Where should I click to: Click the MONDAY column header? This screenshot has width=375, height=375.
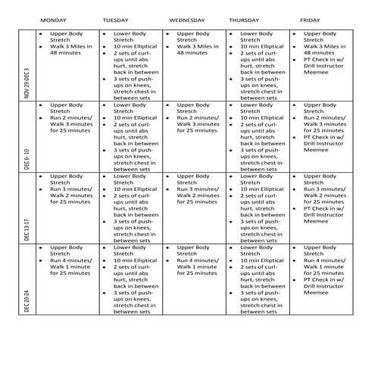53,17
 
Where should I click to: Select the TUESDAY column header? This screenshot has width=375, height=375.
116,17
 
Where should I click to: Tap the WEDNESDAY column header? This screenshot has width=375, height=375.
186,17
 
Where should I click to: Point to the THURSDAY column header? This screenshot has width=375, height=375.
245,17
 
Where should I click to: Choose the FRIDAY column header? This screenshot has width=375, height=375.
310,17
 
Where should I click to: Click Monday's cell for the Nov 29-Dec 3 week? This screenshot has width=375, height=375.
67,65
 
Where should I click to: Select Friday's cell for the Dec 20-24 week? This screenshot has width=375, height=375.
321,279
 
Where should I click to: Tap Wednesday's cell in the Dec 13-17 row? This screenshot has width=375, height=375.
195,208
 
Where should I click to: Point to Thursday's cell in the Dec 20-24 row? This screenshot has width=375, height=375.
258,279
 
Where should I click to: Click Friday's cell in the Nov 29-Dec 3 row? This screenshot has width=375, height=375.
321,65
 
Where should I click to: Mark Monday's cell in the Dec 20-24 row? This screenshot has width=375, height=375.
67,279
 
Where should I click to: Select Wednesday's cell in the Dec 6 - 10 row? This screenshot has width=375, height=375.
195,136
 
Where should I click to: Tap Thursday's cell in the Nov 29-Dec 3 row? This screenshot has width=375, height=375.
258,65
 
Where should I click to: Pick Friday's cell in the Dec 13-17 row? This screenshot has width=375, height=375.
321,208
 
